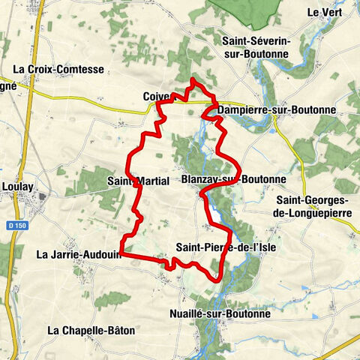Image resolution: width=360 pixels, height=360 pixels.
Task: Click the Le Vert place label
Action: pyautogui.click(x=323, y=12)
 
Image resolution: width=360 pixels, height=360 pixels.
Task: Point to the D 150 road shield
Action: pyautogui.click(x=15, y=223)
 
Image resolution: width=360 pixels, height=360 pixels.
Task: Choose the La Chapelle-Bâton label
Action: pyautogui.click(x=85, y=330)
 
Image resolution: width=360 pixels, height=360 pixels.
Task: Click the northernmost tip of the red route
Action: pyautogui.click(x=193, y=79)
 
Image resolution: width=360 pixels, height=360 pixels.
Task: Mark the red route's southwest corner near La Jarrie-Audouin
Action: pyautogui.click(x=121, y=256)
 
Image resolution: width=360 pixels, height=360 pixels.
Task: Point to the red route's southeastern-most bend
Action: pyautogui.click(x=217, y=279)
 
